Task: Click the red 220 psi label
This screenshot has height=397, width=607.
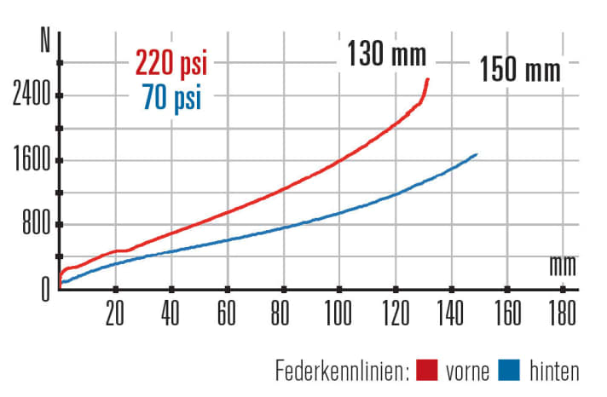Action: (171, 63)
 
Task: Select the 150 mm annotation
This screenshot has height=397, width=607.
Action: (520, 69)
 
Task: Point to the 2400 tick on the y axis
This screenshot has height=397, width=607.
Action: (32, 95)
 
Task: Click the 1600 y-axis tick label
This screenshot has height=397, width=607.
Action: (32, 161)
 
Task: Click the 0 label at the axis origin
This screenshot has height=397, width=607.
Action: (46, 289)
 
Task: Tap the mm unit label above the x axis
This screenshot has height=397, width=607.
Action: (563, 266)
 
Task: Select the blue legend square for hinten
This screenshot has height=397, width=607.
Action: (509, 371)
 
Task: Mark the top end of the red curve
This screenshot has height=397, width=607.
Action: (427, 79)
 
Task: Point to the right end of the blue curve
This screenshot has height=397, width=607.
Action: (477, 154)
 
